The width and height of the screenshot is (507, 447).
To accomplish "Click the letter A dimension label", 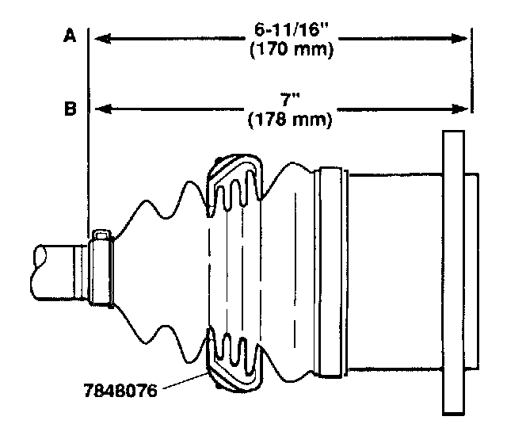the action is (70, 35).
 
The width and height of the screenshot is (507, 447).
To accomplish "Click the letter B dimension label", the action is (71, 109).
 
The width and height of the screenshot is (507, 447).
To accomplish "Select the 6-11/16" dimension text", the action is (291, 30).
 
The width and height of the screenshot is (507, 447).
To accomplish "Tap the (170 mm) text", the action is (292, 50).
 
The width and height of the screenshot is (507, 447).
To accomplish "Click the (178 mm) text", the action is (290, 120).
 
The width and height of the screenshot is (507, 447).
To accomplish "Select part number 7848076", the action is (120, 391).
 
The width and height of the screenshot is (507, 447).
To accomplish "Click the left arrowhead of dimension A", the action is (102, 39).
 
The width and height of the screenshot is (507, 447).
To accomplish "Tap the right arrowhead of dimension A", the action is (459, 39).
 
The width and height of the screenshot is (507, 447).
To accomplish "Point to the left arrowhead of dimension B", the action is (103, 109).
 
